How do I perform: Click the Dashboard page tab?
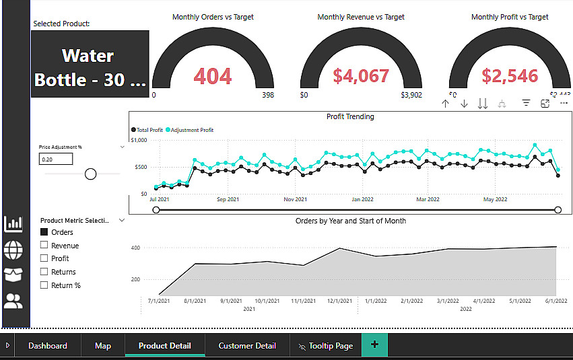coord(47,346)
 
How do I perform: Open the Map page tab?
coord(103,346)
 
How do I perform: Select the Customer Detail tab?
coord(247,346)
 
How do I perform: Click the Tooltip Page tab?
coord(325,346)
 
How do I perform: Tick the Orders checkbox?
coord(44,232)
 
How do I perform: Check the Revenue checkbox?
coord(44,246)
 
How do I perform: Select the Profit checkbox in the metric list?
coord(44,258)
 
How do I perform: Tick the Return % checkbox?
coord(44,285)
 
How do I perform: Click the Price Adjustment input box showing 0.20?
coord(56,159)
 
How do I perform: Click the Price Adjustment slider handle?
coord(90,174)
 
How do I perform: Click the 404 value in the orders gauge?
coord(213,76)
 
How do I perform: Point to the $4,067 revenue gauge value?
coord(361,75)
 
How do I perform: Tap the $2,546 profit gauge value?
coord(510,75)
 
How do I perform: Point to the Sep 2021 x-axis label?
coord(228,199)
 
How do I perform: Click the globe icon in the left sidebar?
coord(13,250)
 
